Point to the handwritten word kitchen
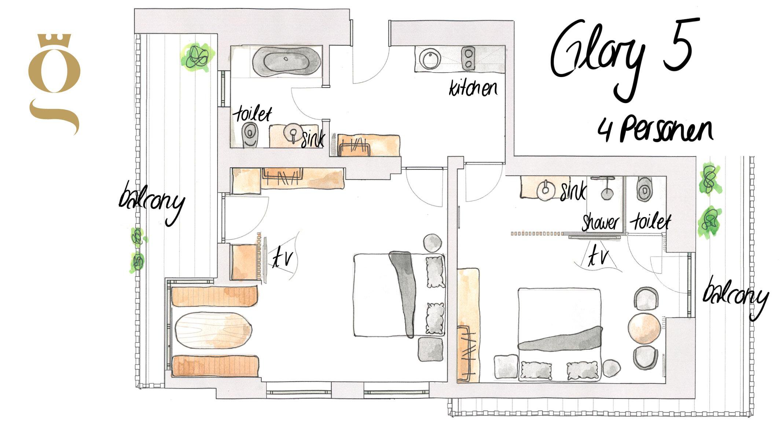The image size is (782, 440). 473,88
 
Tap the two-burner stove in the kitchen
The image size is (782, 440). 468,58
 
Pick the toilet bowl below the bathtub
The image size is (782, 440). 250,135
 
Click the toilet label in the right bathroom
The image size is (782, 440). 650,222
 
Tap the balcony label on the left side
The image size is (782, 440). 151,202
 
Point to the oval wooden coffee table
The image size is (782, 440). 213,330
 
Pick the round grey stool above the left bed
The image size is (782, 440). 433,243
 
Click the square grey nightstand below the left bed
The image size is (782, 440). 431,349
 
